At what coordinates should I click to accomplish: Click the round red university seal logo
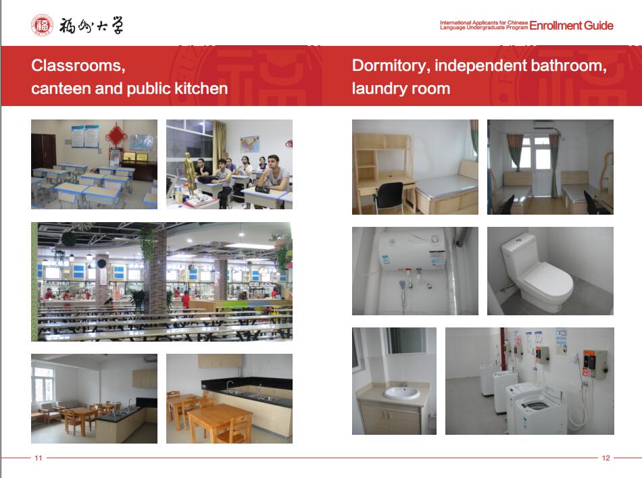pos(42,26)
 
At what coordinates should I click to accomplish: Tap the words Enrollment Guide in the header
pos(571,26)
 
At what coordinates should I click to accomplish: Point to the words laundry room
pos(401,88)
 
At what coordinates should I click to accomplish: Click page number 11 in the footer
pos(39,458)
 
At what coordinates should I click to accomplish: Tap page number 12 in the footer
pos(606,458)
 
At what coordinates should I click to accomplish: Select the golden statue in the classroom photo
pos(189,173)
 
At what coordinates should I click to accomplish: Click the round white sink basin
pos(401,394)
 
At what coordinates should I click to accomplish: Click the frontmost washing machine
pos(535,409)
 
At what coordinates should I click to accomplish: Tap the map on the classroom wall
pos(250,144)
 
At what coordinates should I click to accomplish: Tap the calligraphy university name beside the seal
pos(91,26)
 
